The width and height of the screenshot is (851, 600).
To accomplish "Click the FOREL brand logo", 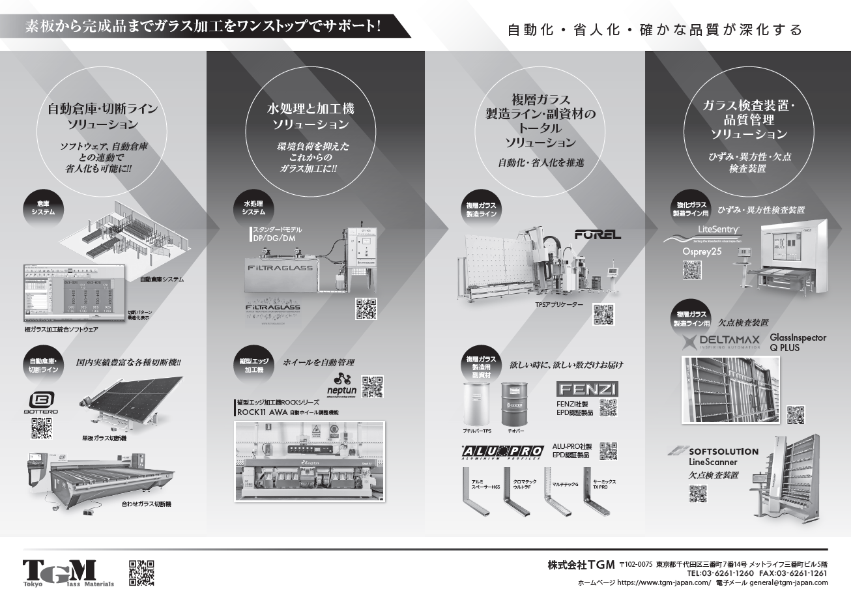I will click(598, 235).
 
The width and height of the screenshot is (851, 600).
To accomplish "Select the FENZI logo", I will click(587, 390).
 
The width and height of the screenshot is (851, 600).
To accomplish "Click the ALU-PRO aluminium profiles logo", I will click(502, 451).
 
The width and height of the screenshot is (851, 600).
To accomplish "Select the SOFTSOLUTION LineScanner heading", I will click(714, 456).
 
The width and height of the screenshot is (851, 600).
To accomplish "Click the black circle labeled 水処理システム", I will click(253, 208).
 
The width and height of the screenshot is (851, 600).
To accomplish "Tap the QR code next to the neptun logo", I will click(372, 386).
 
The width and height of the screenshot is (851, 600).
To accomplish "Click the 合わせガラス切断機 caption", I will click(146, 504).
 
